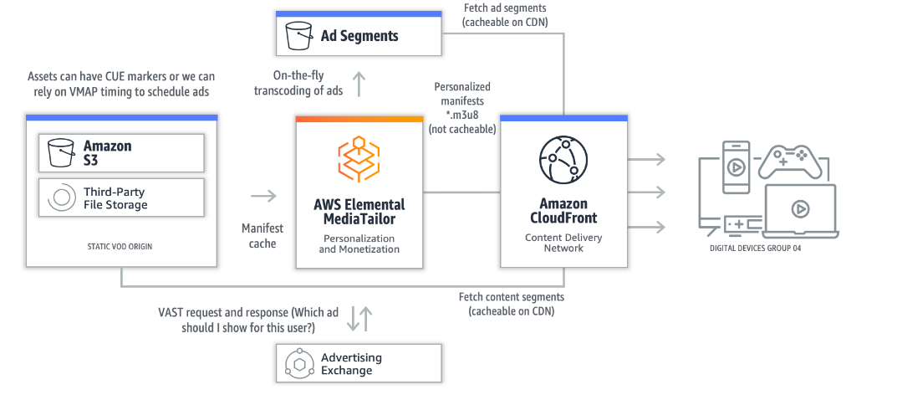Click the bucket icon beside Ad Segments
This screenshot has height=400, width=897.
(298, 36)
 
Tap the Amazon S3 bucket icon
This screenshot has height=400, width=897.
(60, 152)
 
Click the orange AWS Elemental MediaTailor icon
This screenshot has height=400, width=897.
(358, 160)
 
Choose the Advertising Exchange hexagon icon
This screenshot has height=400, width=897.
(298, 363)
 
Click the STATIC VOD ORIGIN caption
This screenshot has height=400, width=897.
(121, 246)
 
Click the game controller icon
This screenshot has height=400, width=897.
(790, 161)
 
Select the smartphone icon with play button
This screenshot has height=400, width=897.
(736, 167)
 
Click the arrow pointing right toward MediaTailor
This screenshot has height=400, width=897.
(263, 196)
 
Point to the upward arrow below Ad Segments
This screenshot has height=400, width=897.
(359, 83)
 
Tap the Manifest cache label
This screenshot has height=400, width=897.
(262, 236)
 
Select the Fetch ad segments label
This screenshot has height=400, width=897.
(505, 15)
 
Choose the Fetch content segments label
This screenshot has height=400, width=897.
(511, 304)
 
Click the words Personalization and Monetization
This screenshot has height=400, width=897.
(359, 244)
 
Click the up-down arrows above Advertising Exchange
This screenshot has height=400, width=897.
(359, 318)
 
